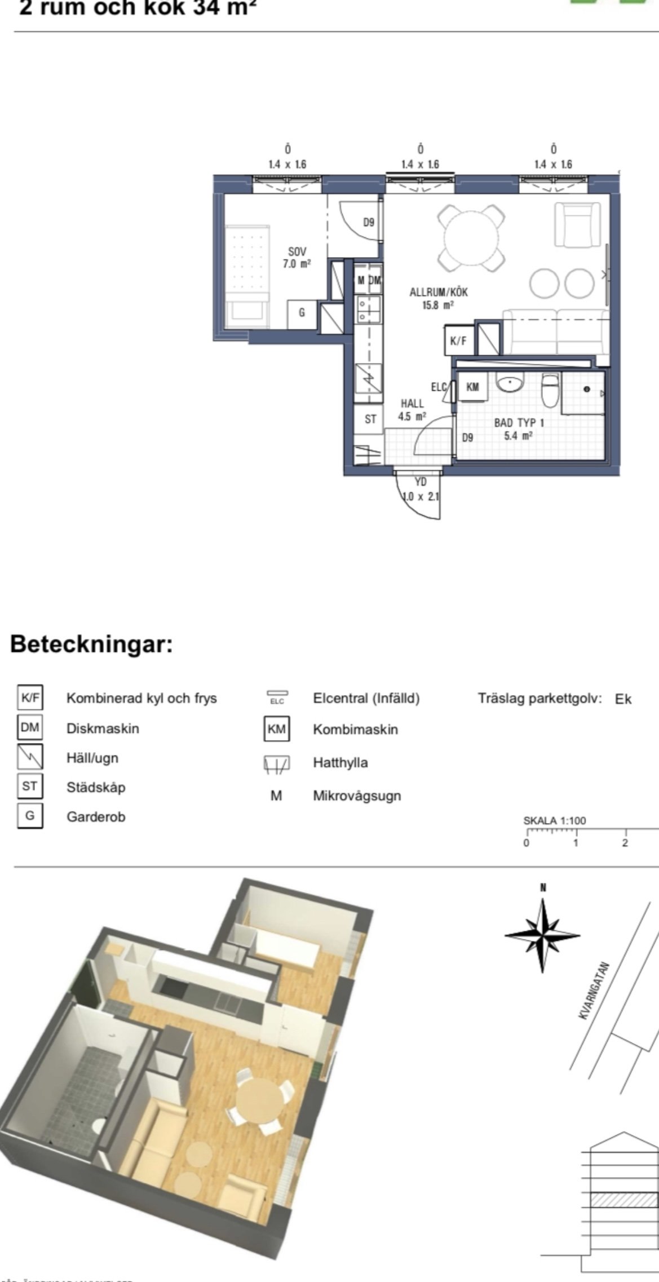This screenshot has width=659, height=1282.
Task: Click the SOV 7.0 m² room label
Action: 297,257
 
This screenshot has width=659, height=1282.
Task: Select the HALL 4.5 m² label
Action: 412,410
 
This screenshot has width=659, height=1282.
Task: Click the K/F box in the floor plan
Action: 458,341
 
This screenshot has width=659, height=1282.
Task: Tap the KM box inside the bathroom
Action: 472,387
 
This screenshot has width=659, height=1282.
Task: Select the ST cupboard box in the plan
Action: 370,419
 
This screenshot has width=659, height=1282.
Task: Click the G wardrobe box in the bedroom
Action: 302,312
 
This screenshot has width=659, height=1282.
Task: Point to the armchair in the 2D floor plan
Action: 577,224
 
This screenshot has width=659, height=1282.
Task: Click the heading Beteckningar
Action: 92,644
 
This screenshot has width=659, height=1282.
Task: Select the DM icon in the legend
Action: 30,727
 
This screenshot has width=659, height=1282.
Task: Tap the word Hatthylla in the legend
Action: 340,763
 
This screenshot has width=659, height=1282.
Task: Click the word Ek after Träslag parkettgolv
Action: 623,699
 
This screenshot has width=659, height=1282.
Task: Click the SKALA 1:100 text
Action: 555,821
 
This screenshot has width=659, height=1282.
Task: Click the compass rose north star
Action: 542,935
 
